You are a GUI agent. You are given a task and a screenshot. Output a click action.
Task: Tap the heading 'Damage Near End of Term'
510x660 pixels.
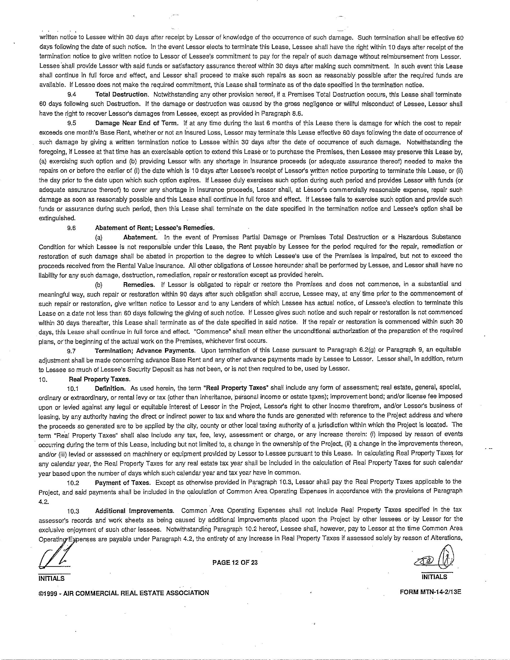tap(138, 123)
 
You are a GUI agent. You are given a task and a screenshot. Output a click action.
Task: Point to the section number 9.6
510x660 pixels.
tap(72, 228)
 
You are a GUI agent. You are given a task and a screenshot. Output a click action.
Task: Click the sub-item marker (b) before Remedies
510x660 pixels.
tap(99, 284)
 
